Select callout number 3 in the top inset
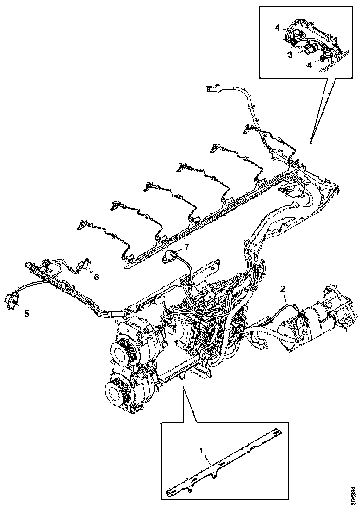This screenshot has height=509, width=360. click(289, 55)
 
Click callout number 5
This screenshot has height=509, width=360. click(26, 314)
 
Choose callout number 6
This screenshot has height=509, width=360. click(96, 277)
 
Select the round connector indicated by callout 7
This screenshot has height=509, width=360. click(170, 256)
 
